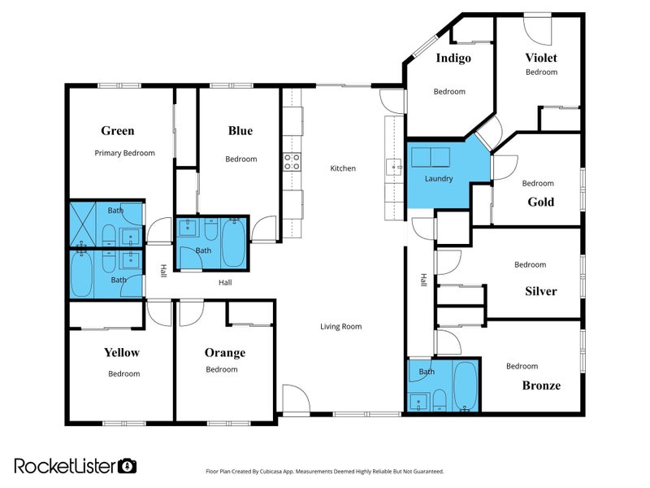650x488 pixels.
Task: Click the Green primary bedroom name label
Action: pos(118,131)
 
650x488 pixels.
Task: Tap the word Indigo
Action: pos(453,58)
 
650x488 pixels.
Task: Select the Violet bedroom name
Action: pos(541,58)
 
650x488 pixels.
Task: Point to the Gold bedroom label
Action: pos(540,202)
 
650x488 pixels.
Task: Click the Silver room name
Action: pos(540,291)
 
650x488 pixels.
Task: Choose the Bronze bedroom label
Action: pos(541,386)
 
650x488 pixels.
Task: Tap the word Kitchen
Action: pos(343,168)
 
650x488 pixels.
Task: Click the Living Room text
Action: pos(340,327)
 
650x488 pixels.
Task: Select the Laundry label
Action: pos(439,179)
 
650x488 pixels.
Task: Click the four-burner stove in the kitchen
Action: pos(292,162)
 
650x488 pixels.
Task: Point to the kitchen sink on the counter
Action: pos(394,168)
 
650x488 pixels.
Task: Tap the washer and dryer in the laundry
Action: pos(431,157)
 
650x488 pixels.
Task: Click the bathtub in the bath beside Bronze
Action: pos(465,386)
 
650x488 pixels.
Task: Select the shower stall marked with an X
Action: pos(83,224)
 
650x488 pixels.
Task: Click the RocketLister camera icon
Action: pos(127,466)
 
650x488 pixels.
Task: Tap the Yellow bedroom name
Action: pos(121,353)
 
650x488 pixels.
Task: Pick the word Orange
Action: pos(225,353)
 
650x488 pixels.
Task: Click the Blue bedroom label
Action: pos(240,131)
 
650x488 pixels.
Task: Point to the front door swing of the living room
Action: pos(296,399)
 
